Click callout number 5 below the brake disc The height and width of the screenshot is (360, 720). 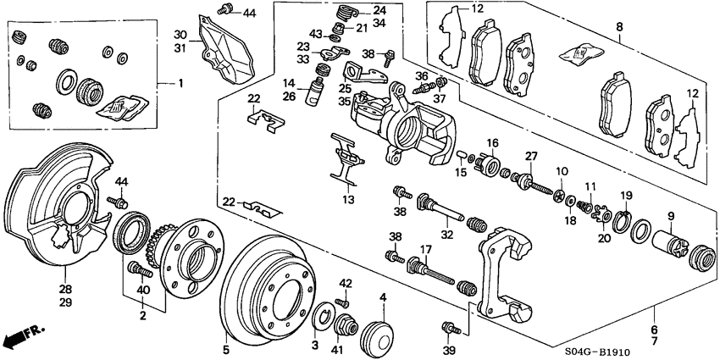point(226,347)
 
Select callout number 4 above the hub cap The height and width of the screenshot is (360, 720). point(382,297)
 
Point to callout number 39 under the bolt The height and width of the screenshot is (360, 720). point(449,350)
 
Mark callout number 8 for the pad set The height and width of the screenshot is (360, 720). point(619,28)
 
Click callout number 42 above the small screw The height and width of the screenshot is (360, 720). point(345,283)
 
